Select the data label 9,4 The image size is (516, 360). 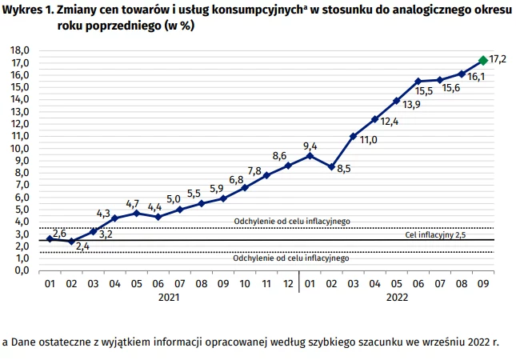(310, 146)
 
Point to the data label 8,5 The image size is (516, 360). (344, 169)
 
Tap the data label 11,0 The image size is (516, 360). (368, 140)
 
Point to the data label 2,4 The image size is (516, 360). (82, 246)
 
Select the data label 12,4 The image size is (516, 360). (390, 122)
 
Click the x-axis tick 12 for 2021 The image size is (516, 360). (287, 283)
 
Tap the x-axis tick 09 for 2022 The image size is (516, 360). (482, 283)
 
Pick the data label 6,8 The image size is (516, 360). (236, 179)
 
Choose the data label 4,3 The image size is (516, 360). (103, 214)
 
